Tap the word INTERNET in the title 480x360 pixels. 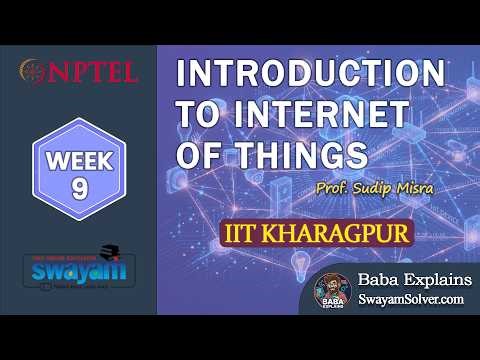coord(340,116)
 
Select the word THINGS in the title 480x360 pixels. coord(299,155)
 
